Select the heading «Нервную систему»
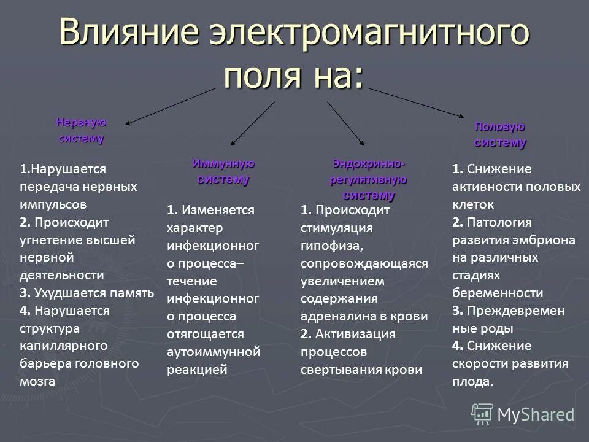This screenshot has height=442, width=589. coord(81,130)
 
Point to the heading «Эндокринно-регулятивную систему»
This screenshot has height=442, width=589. coord(369,180)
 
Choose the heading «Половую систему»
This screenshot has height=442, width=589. coord(499,134)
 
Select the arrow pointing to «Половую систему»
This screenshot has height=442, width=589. coord(417,101)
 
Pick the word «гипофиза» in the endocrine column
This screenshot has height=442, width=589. coord(326,247)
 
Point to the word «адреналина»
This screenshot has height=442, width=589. coord(342,316)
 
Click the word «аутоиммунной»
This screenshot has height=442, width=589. coord(214,352)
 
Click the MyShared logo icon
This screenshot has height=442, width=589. coord(482,413)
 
